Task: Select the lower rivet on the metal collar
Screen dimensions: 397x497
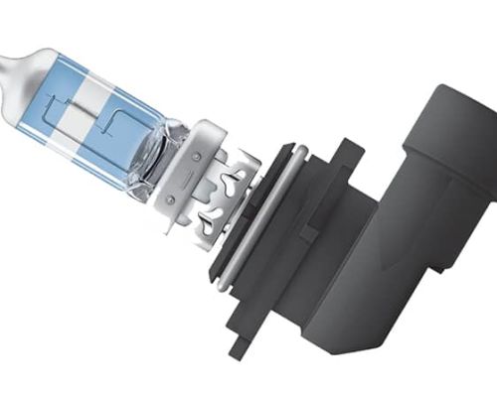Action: pyautogui.click(x=178, y=192)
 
